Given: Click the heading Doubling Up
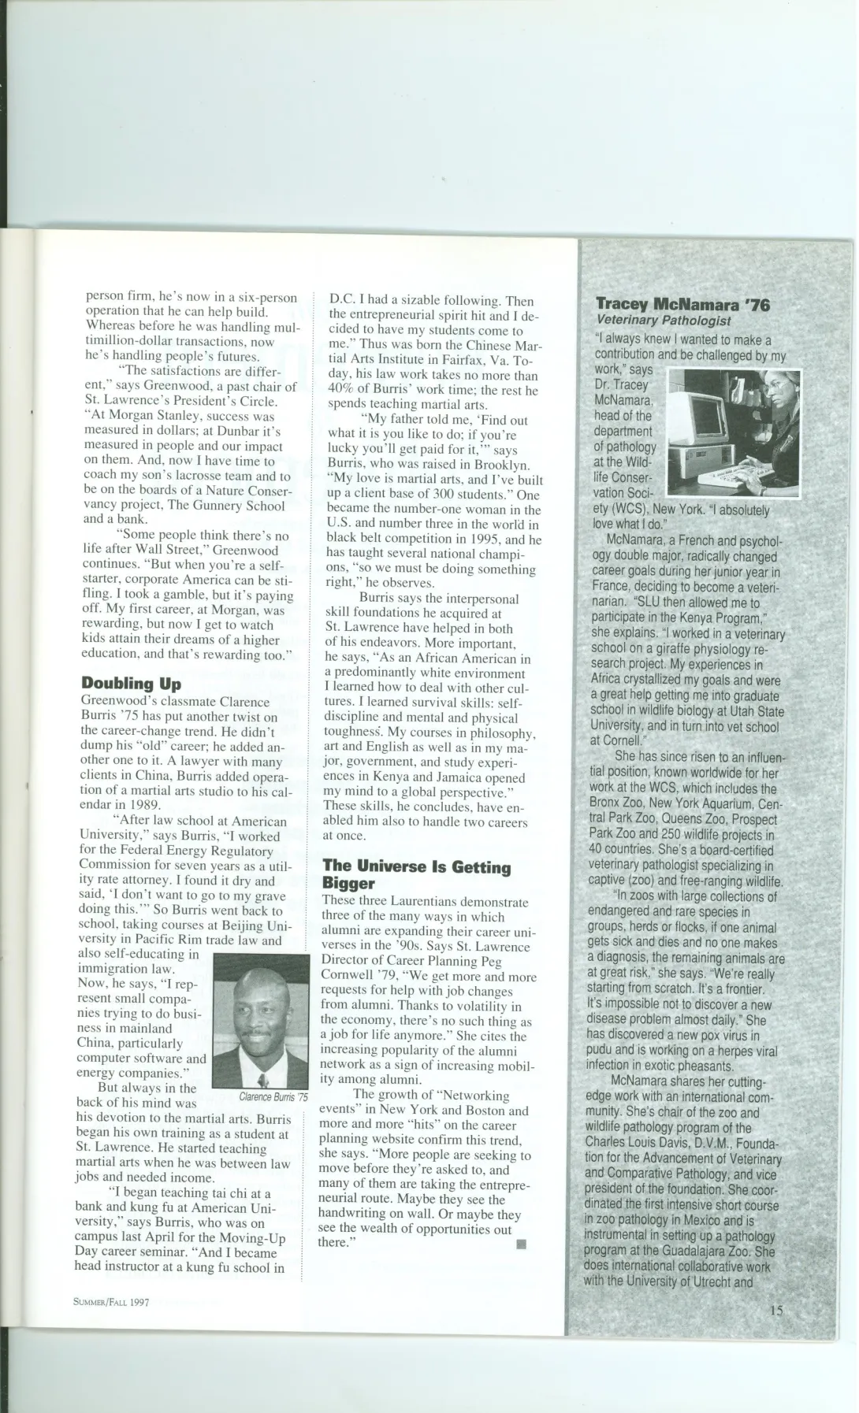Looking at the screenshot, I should tap(131, 683).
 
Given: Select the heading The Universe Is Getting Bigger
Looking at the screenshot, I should tap(416, 874).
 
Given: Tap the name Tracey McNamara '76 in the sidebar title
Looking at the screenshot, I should tap(682, 304).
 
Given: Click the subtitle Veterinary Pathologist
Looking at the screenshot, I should tap(663, 321).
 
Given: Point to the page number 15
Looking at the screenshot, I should tap(776, 1311).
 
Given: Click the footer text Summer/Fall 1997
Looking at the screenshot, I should tap(111, 1301).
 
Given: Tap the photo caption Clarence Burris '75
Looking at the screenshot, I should tap(273, 1096).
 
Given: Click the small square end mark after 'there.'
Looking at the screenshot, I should tap(520, 1244).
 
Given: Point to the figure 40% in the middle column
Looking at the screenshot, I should tap(340, 391).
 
